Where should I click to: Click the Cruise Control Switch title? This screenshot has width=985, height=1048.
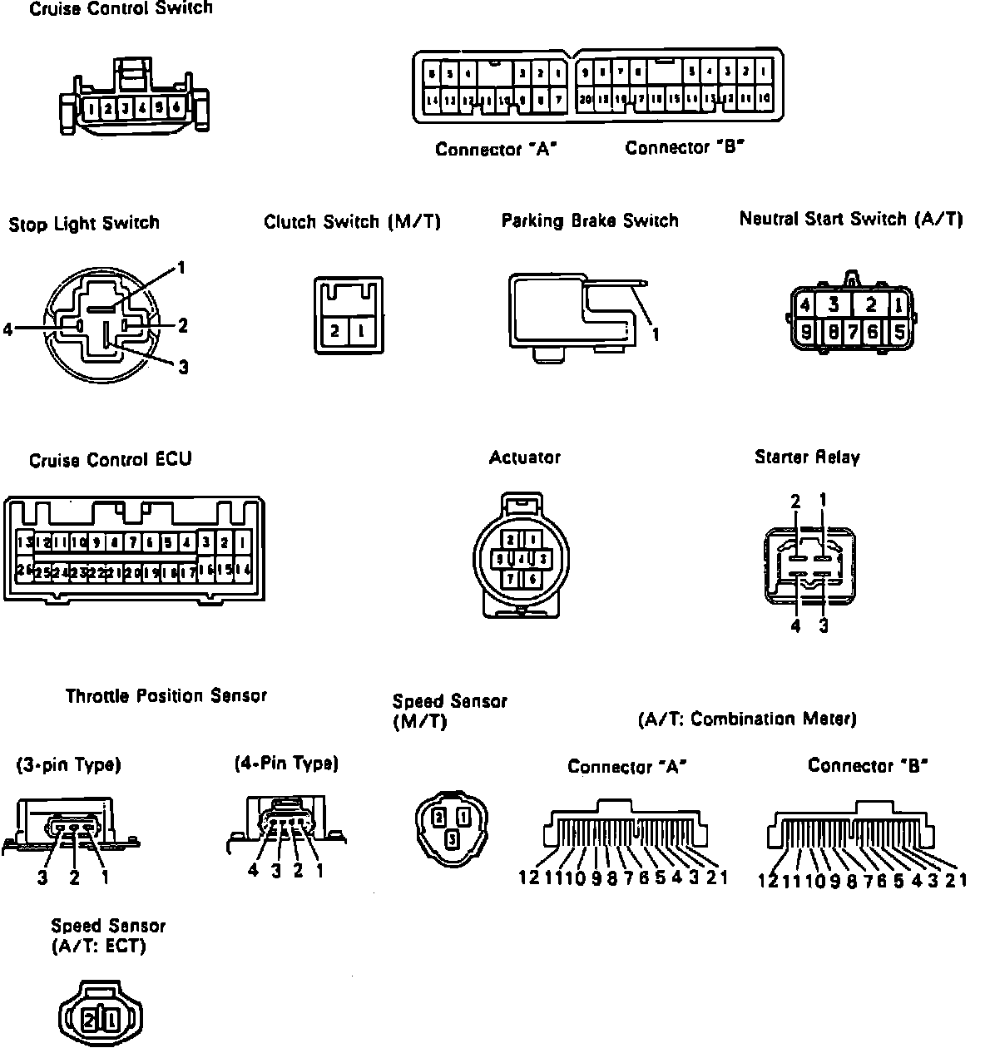pos(121,9)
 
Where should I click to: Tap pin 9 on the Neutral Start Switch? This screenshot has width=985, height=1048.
pos(805,331)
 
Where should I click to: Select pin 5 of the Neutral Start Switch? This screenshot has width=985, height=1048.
pos(898,331)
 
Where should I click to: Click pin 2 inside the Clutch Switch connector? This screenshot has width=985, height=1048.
pos(334,330)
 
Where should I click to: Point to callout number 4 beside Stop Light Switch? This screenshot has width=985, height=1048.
pos(8,329)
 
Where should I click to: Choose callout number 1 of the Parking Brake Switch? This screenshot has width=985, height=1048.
pos(656,334)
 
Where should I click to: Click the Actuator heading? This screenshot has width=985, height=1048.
pos(524,457)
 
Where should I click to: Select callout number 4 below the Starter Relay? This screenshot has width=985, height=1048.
pos(795,626)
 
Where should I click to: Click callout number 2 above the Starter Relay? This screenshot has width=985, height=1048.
pos(795,501)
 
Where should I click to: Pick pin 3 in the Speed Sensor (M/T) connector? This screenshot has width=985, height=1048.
pos(451,839)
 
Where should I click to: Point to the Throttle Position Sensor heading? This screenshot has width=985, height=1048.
pos(166,696)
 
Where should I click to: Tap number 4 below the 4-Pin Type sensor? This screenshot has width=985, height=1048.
pos(254,871)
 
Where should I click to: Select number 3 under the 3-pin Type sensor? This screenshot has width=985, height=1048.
pos(42,877)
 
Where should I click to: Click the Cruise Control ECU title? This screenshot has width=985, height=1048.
pos(110,460)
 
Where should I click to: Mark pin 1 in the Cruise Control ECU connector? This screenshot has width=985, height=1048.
pos(243,543)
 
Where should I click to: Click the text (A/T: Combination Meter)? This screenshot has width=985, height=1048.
pos(747,719)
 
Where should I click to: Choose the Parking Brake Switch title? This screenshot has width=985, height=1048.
pos(590,221)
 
